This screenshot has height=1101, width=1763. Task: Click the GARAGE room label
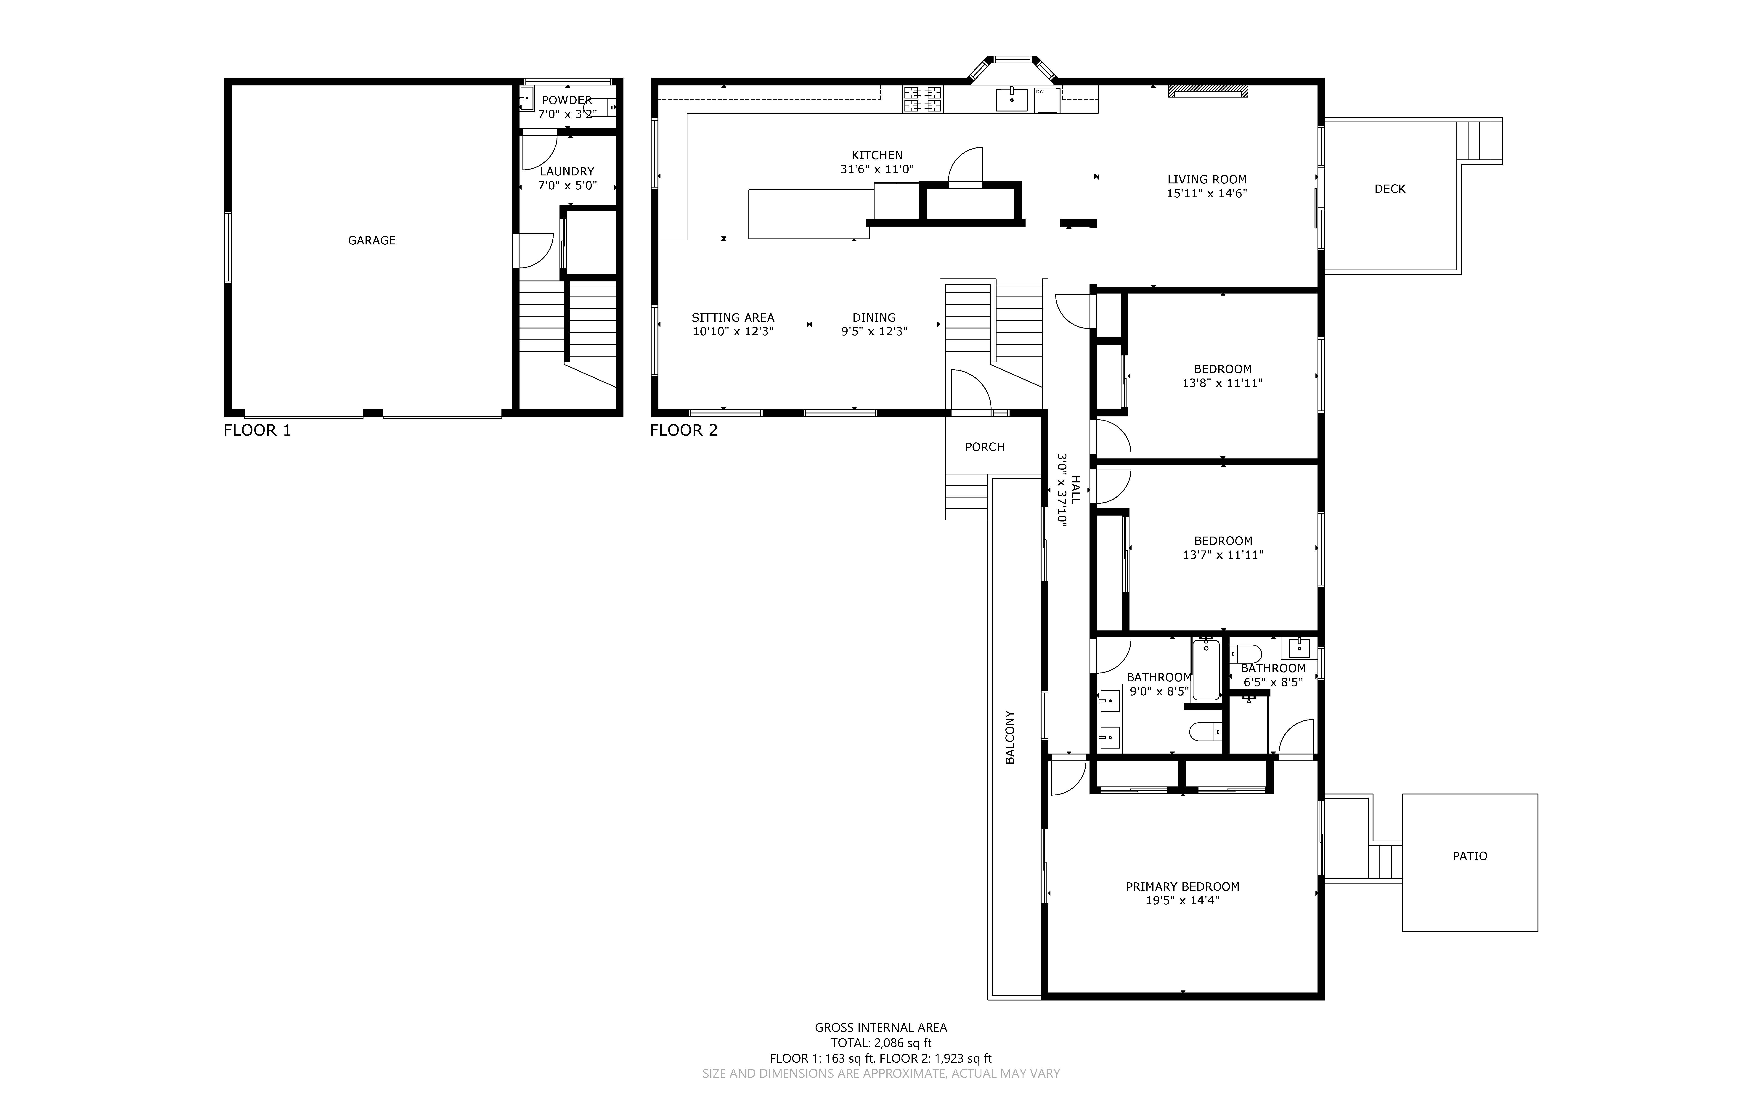(x=371, y=240)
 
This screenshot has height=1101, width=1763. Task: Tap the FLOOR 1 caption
(x=257, y=430)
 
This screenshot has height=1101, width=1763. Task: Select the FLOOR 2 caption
(x=684, y=430)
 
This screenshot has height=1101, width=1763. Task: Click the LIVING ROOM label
(x=1207, y=179)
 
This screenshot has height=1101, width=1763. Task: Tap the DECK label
(x=1389, y=189)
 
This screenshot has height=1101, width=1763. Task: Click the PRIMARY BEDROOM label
(x=1183, y=886)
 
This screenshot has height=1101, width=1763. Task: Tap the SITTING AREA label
(x=733, y=318)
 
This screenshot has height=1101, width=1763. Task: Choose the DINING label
(x=874, y=318)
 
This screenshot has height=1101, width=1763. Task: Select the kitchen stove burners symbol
(x=923, y=99)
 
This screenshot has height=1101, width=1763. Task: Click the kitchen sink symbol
(x=1011, y=99)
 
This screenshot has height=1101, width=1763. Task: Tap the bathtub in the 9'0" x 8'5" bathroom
(x=1206, y=669)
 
